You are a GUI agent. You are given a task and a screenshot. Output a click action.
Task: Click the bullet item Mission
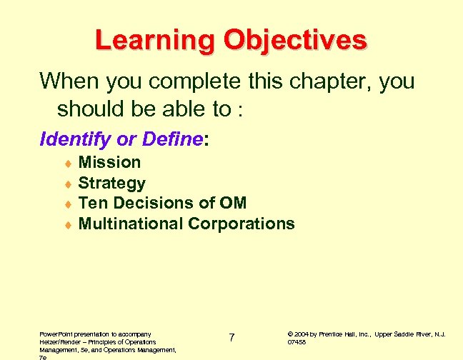click(x=109, y=163)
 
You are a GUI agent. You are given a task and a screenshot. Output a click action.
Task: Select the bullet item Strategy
click(x=111, y=184)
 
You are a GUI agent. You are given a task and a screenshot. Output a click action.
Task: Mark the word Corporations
click(x=241, y=224)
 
